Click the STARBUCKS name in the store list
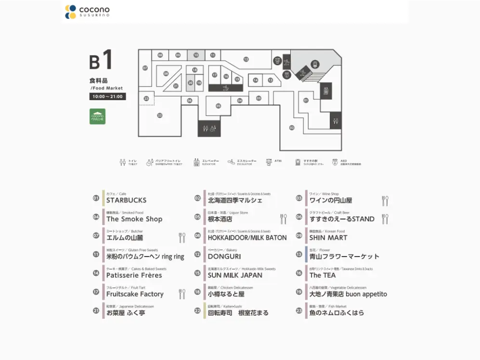(126, 200)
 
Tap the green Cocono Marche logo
(97, 116)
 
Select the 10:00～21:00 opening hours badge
(108, 97)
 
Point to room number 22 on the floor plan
(159, 116)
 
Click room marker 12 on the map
(246, 59)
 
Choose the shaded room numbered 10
(196, 55)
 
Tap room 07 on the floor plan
(145, 68)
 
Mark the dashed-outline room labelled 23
(146, 98)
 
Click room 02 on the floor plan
(292, 128)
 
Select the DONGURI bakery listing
(224, 257)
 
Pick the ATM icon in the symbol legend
(270, 162)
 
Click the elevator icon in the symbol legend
(196, 162)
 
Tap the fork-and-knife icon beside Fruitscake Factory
(182, 294)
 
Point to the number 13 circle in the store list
(299, 254)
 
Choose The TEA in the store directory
(323, 275)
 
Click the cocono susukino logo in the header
(88, 12)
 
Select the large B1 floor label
(102, 61)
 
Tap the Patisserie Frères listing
(134, 275)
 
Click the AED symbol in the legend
(336, 162)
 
